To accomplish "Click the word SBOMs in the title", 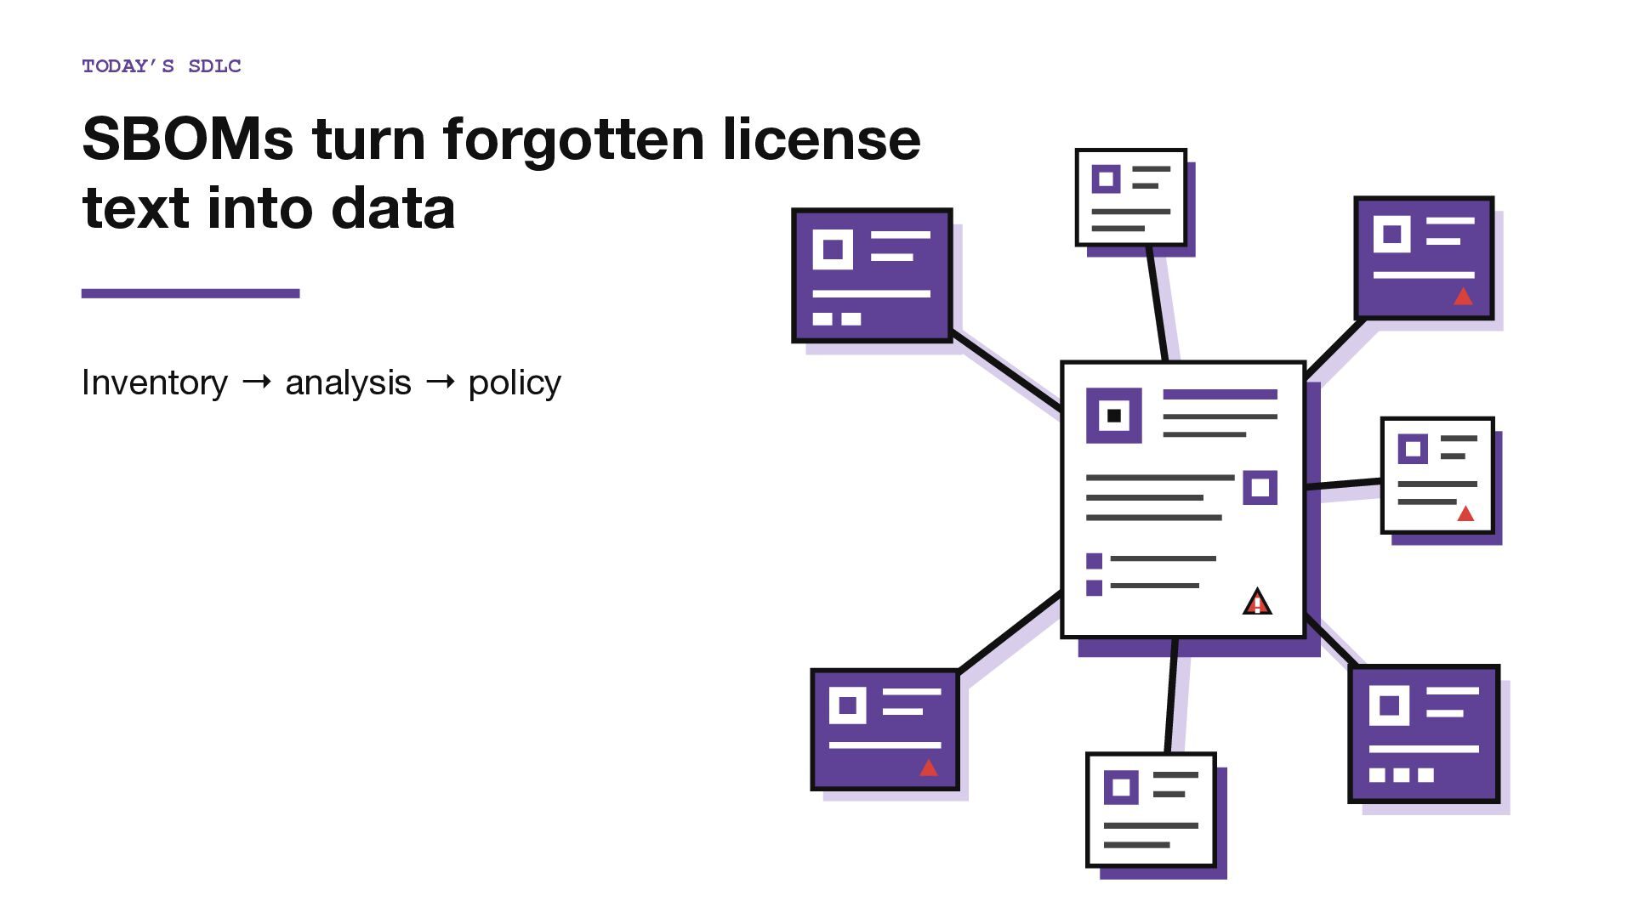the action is point(188,139).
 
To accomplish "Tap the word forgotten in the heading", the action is point(574,139).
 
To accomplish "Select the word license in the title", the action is point(822,139).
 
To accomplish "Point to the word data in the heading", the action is point(393,208).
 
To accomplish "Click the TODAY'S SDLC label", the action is point(162,66).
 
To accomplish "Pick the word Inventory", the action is point(155,382).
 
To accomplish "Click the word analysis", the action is point(348,383).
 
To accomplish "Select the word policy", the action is point(515,383).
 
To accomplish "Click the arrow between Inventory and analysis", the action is point(257,382).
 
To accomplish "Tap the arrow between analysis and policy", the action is point(440,382).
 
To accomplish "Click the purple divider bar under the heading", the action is point(191,293).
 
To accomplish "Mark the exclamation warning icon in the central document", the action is point(1257,602).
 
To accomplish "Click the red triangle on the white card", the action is point(1465,513).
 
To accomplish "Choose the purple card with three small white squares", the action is point(1424,734).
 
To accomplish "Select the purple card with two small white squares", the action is point(872,275).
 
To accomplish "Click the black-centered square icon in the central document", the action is point(1114,416).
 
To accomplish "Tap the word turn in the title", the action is point(368,139).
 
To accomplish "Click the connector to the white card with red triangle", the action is point(1344,484).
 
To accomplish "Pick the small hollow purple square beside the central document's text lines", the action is point(1260,488).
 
